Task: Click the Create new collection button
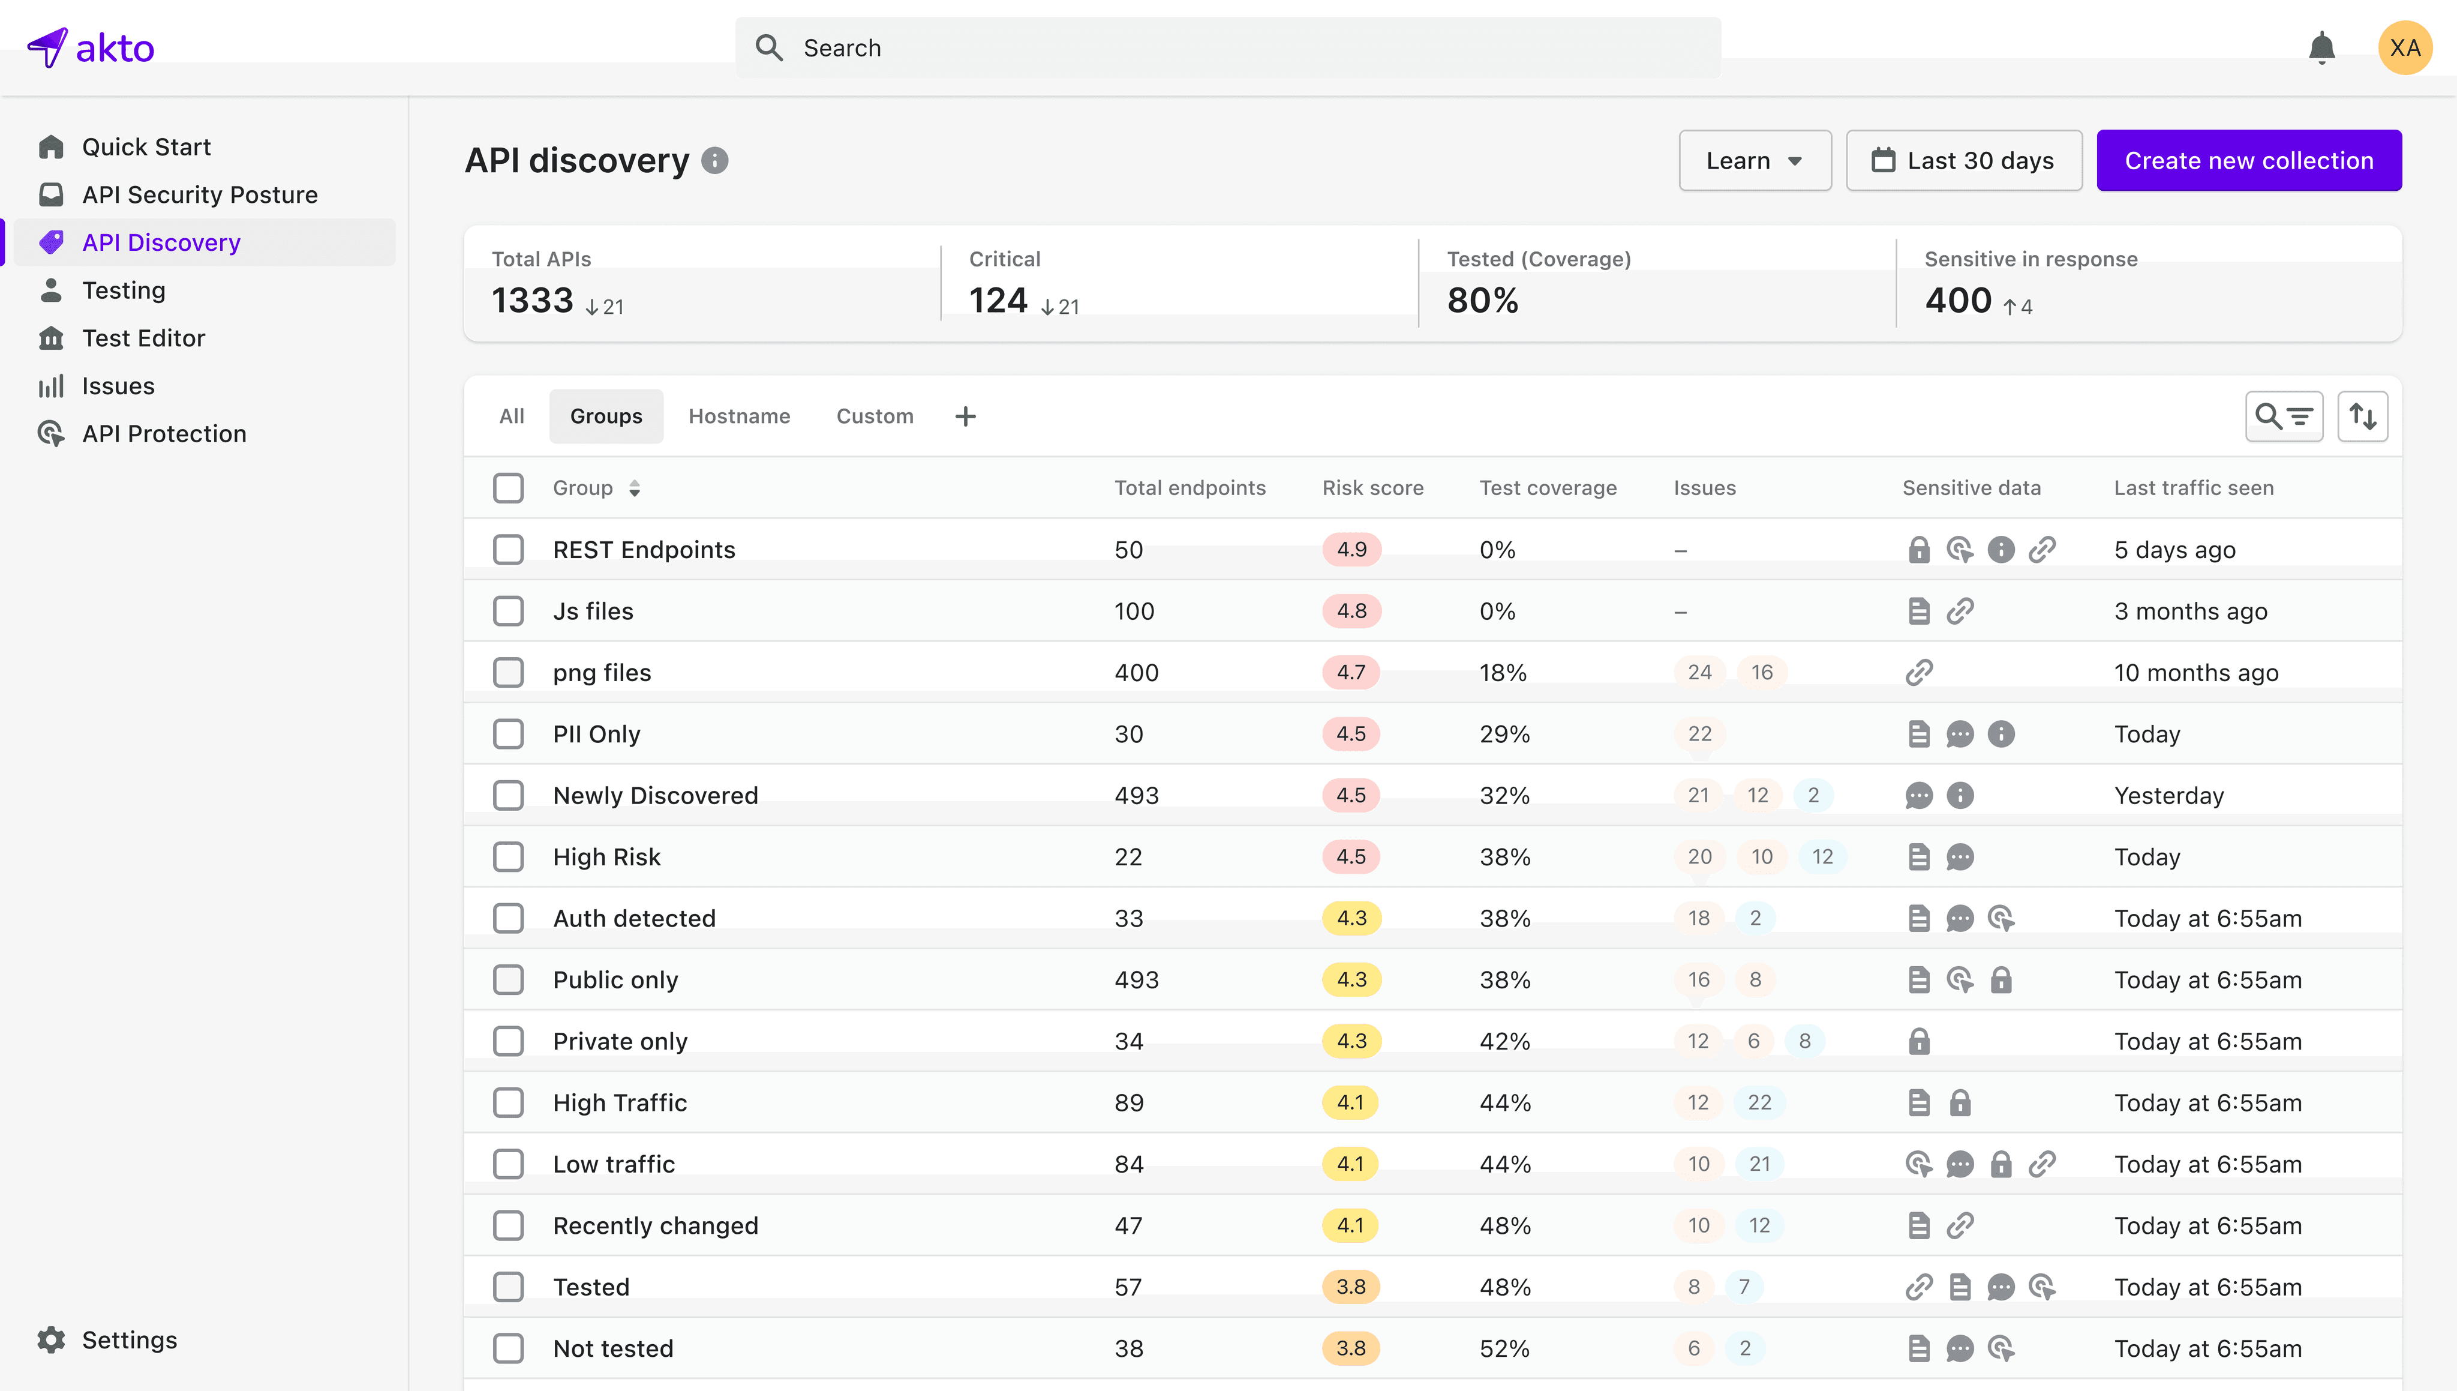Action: (x=2249, y=160)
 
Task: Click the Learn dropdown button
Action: (x=1754, y=160)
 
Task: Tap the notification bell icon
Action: (x=2321, y=48)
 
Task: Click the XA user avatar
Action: (x=2404, y=48)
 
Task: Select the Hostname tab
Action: (x=739, y=416)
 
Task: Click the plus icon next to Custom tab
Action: (x=965, y=416)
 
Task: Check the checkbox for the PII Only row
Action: (x=509, y=734)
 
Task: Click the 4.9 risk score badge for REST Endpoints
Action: (x=1351, y=549)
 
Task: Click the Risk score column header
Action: (x=1372, y=488)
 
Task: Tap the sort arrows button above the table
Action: (x=2362, y=416)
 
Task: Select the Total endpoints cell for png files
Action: (x=1136, y=673)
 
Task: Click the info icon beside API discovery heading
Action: (x=714, y=160)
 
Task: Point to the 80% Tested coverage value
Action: (x=1482, y=301)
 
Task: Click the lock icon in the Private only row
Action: (x=1918, y=1041)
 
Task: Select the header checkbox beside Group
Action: (x=509, y=488)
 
